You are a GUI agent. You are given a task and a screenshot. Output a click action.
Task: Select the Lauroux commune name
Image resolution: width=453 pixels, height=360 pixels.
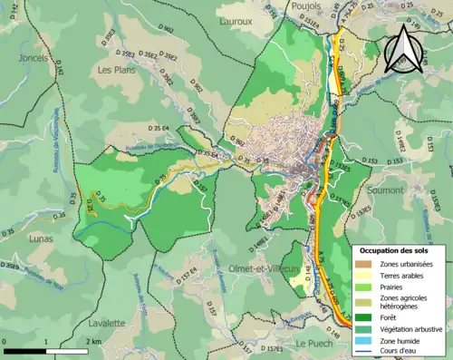pos(236,18)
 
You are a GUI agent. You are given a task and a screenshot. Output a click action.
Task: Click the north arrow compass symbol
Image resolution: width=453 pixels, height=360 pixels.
pos(402,50)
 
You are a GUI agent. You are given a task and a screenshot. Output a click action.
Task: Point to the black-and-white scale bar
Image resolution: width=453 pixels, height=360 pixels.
pos(50,350)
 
